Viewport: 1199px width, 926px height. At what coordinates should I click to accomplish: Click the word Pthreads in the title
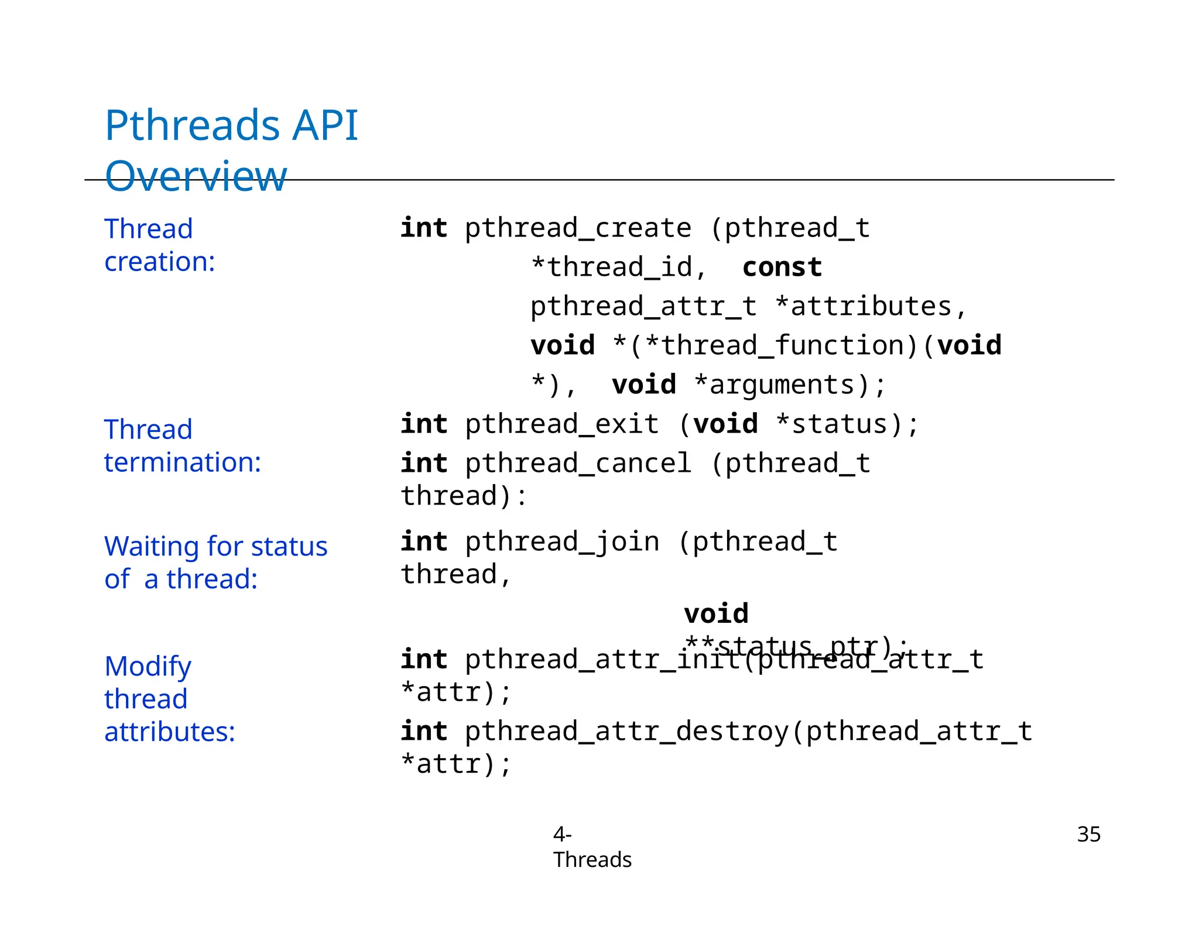(192, 126)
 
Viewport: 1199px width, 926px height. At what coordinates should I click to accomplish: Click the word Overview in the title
(196, 176)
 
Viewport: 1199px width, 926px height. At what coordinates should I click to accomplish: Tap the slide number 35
(1088, 834)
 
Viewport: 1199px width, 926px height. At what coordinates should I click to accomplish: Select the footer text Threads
(592, 860)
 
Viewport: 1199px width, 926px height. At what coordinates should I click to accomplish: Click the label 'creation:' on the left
(159, 262)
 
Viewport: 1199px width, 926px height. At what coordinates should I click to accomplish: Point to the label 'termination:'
(182, 462)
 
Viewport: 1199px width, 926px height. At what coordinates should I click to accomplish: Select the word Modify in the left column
(148, 666)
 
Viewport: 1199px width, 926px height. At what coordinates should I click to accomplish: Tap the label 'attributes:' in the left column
(169, 732)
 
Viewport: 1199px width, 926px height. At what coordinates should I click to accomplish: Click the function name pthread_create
(578, 228)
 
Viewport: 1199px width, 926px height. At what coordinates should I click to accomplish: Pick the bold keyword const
(782, 267)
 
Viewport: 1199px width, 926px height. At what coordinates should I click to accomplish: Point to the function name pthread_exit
(561, 424)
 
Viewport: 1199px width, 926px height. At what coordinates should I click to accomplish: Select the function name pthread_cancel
(578, 464)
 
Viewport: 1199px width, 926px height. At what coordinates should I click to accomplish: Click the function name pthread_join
(561, 542)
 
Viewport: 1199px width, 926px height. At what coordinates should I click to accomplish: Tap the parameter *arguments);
(790, 385)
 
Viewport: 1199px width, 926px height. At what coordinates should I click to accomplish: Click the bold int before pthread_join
(424, 542)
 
